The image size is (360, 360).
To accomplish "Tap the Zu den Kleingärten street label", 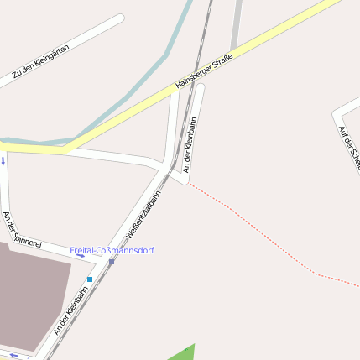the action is [40, 62].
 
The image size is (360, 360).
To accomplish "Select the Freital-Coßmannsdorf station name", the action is [112, 250].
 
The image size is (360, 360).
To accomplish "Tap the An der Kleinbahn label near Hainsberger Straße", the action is [190, 146].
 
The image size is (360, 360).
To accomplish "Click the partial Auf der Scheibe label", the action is [347, 147].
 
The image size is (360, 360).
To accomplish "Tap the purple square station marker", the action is [111, 262].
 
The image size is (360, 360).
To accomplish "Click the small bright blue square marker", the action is [90, 279].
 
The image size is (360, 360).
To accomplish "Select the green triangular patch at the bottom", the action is [184, 353].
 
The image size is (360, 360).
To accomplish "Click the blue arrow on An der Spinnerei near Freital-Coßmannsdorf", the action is [81, 255].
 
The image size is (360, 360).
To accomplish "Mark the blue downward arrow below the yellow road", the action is [3, 159].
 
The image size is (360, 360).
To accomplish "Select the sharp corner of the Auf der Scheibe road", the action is [336, 111].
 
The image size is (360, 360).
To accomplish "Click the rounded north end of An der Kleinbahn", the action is [199, 87].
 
